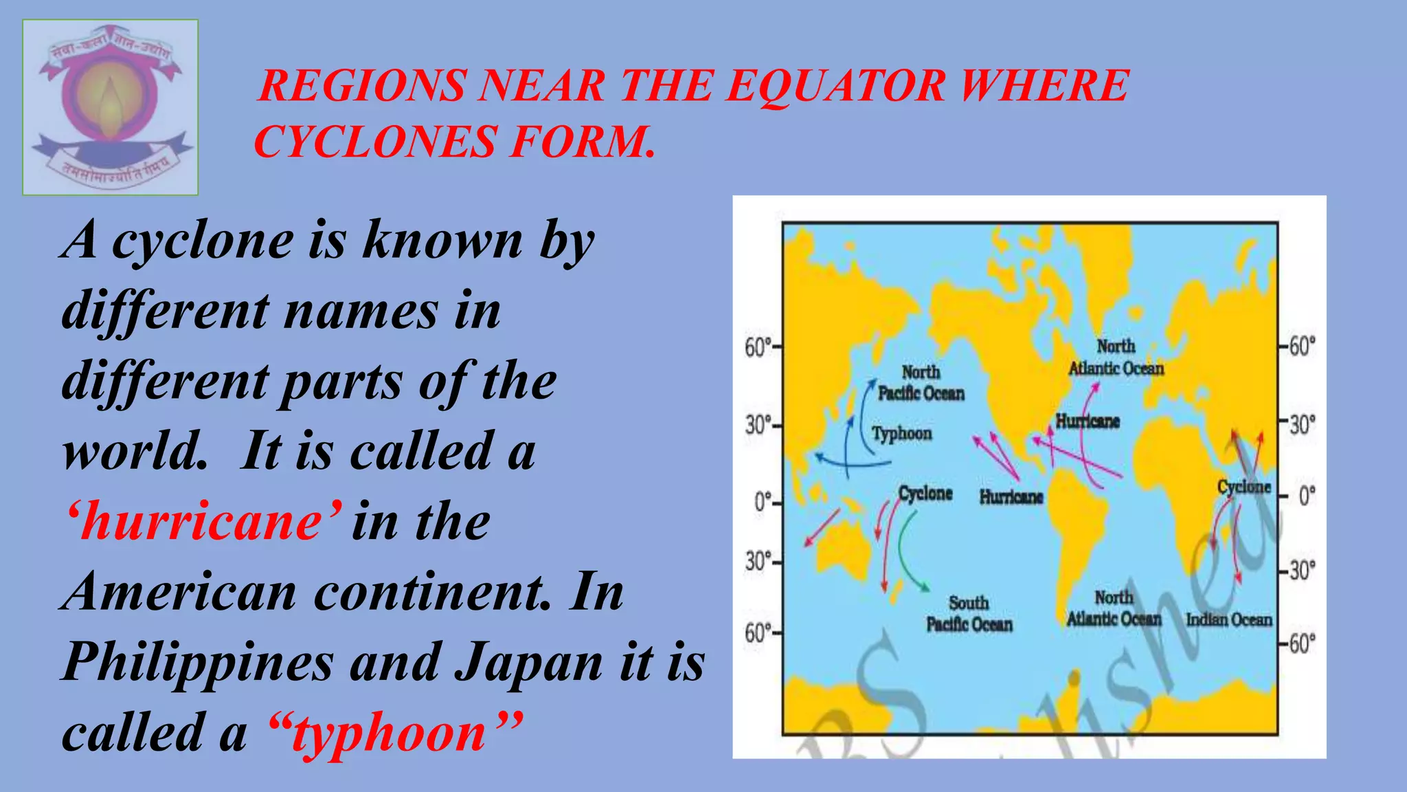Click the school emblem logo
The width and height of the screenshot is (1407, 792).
pos(110,107)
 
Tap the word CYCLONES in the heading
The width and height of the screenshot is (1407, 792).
pos(375,142)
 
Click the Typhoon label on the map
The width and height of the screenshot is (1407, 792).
pos(902,433)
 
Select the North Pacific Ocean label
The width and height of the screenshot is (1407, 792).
pos(921,383)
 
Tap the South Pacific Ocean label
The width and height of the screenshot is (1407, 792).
pos(969,614)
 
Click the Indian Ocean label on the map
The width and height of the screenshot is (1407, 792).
pos(1229,619)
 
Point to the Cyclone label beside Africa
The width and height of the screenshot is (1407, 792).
pos(1244,487)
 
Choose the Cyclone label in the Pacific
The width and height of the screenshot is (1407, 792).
pos(925,494)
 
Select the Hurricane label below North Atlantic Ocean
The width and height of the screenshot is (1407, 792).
pos(1088,421)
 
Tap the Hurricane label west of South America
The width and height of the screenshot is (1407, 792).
pos(1011,496)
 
